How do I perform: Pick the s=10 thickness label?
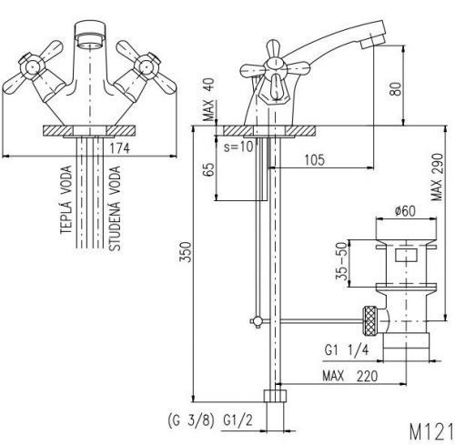(x=238, y=147)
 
